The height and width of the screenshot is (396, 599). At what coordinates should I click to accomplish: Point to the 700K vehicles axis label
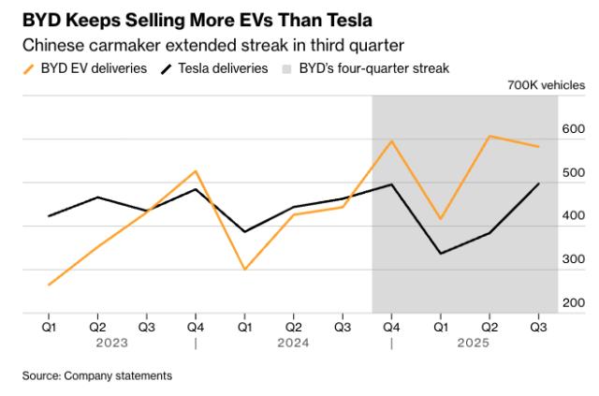[546, 86]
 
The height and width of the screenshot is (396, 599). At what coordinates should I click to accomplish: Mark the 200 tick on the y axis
[573, 303]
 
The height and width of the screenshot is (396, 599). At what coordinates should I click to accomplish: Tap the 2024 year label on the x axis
[293, 343]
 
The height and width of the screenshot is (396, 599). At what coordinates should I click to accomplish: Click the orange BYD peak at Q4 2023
[195, 171]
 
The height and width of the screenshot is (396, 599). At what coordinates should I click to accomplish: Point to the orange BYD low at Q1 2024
[244, 270]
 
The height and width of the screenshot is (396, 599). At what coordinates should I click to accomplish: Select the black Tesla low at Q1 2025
[441, 254]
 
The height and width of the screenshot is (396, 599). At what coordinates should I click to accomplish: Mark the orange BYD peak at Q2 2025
[489, 137]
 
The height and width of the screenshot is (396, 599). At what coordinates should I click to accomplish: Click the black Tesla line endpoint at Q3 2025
[538, 183]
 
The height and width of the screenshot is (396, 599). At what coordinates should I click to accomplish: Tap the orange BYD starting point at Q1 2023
[48, 285]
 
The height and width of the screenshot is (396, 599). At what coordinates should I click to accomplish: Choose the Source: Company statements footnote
[97, 375]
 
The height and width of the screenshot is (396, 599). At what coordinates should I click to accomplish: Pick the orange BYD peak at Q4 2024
[391, 141]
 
